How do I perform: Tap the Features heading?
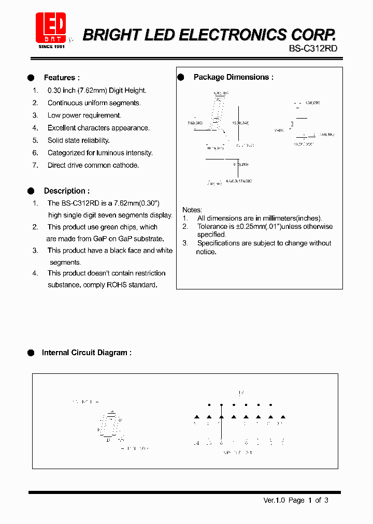coord(62,78)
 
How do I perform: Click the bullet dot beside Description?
coord(31,191)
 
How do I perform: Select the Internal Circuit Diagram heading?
coord(87,353)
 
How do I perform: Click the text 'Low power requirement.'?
coord(84,115)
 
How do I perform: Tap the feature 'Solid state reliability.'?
coord(79,140)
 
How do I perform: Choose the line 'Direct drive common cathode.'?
coord(93,165)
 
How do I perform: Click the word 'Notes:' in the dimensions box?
coord(192,210)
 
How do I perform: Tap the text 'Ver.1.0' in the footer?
coord(275,500)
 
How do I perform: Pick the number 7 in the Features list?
coord(35,165)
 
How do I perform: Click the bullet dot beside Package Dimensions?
coord(181,77)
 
